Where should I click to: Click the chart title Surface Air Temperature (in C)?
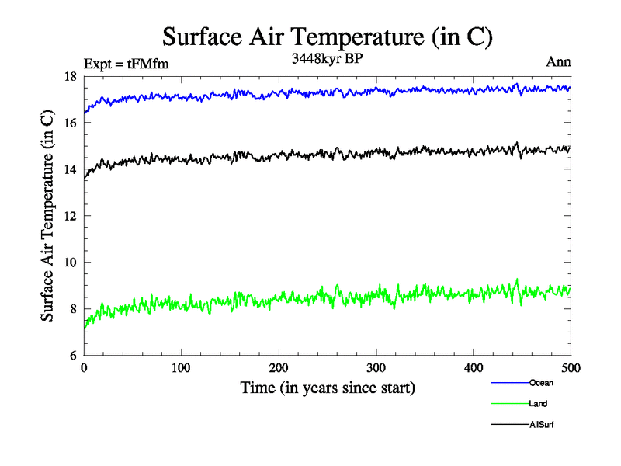327,37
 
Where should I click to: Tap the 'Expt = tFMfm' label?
125,64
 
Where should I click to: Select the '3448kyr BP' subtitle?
327,59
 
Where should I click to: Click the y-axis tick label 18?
70,76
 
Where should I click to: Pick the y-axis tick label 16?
70,123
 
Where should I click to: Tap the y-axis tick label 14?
70,169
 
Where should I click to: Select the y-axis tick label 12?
70,216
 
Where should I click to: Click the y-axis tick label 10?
70,263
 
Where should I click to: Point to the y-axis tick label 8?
73,309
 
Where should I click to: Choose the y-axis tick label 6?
73,356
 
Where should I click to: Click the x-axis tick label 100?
181,367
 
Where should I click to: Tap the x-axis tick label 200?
279,367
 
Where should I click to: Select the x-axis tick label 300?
376,367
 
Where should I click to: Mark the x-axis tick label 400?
474,367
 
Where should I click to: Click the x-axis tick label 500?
571,367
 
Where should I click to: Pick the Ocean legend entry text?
541,383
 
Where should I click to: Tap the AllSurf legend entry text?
542,425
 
